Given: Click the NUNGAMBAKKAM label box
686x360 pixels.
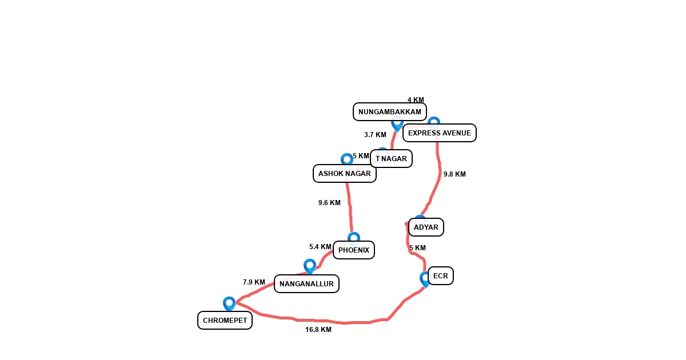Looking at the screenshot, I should [x=390, y=112].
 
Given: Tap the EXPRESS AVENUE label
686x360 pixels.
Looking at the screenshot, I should [x=439, y=133].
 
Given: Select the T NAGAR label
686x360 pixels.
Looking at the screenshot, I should [x=391, y=159].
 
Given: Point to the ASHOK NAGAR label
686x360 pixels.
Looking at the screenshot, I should [x=344, y=174].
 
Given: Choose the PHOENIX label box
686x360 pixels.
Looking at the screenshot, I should [x=354, y=250].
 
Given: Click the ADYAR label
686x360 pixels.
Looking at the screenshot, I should [x=426, y=227].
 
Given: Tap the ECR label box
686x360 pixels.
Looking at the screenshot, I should [x=440, y=276].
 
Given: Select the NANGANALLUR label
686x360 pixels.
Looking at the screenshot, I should [x=306, y=284].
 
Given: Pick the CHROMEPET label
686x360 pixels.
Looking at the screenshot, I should [x=225, y=321].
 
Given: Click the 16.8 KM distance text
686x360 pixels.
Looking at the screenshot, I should [x=318, y=330].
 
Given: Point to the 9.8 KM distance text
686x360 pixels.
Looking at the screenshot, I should [x=454, y=174].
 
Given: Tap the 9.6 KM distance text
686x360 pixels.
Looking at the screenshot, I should [x=329, y=203].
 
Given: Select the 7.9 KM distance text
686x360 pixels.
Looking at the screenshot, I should [x=254, y=282].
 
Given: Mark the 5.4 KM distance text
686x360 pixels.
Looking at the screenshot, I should [x=320, y=247].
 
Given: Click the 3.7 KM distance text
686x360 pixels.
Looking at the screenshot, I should [x=375, y=135].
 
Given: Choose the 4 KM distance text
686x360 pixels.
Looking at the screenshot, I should [x=416, y=100].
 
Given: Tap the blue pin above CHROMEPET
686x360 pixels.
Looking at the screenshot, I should [x=229, y=303].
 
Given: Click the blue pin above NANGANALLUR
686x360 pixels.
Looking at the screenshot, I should [x=310, y=266].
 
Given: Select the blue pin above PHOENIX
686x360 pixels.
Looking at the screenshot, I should [x=354, y=237].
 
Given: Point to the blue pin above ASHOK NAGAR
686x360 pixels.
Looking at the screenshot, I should [x=346, y=159].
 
